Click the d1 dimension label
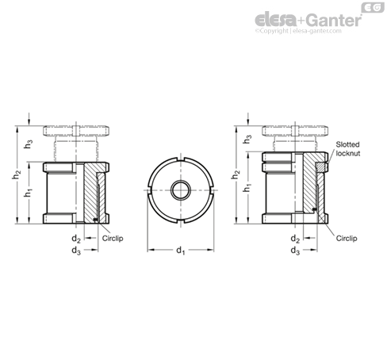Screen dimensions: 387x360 (181, 250)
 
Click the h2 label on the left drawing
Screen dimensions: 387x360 (17, 175)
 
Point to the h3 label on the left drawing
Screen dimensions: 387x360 (29, 144)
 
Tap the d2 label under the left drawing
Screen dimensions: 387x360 (76, 239)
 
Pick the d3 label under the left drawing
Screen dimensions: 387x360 (76, 250)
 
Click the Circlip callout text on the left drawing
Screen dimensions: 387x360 (113, 239)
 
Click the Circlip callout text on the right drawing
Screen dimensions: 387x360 (347, 239)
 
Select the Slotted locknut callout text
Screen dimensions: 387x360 (348, 149)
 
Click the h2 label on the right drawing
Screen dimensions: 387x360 (236, 174)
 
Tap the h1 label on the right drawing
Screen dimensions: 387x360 (247, 188)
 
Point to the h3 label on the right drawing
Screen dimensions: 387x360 (247, 140)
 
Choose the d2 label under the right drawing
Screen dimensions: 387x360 (295, 239)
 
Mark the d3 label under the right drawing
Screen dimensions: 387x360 (295, 250)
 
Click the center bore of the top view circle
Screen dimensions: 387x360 (181, 190)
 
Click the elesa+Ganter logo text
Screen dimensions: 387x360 (308, 20)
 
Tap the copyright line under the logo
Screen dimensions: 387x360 (298, 31)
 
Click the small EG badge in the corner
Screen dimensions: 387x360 (373, 8)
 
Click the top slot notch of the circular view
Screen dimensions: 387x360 (181, 159)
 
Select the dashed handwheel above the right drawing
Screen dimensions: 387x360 (295, 131)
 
